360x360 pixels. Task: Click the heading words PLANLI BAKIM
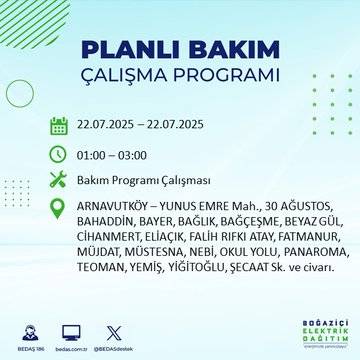180,49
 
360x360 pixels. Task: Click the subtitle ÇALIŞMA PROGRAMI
180,77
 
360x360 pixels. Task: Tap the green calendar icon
59,126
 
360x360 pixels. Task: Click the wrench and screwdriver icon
59,180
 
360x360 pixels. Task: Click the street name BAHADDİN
106,223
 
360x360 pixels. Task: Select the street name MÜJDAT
100,253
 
